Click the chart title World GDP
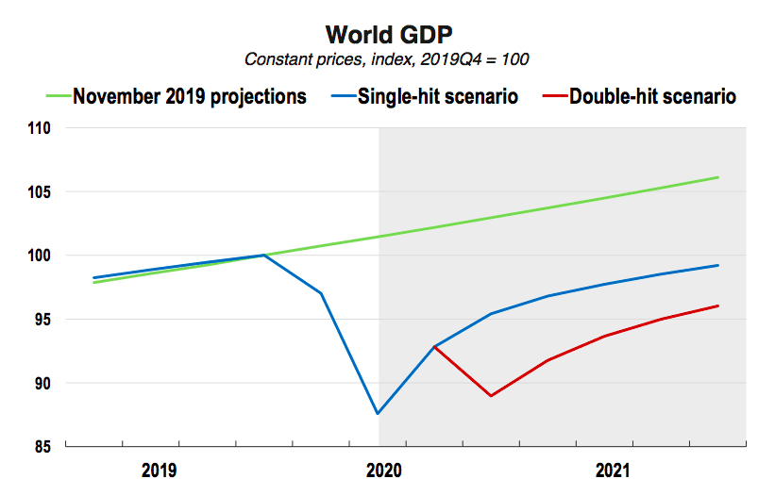tap(389, 35)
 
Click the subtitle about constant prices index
tap(386, 59)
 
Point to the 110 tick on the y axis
tap(39, 128)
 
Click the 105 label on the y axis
tap(39, 192)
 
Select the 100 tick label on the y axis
tap(39, 256)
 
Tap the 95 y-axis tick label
tap(42, 320)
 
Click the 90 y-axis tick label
tap(42, 383)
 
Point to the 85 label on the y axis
tap(42, 447)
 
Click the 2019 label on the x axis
tap(159, 471)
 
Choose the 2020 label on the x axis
tap(384, 471)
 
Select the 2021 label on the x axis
tap(613, 471)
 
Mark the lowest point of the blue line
tap(378, 413)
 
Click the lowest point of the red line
tap(491, 395)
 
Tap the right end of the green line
tap(717, 177)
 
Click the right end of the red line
tap(717, 306)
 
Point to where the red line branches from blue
tap(434, 347)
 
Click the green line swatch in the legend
tap(59, 96)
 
